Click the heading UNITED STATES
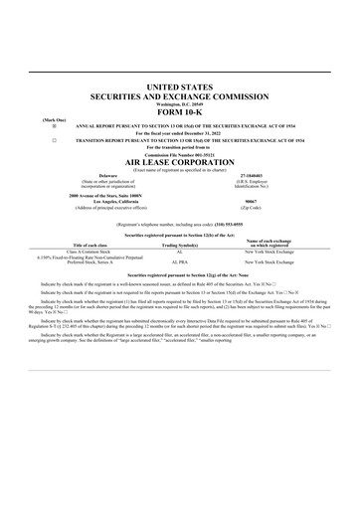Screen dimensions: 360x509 179,88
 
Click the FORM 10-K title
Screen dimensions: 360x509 179,111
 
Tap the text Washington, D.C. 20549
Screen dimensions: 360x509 179,103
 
